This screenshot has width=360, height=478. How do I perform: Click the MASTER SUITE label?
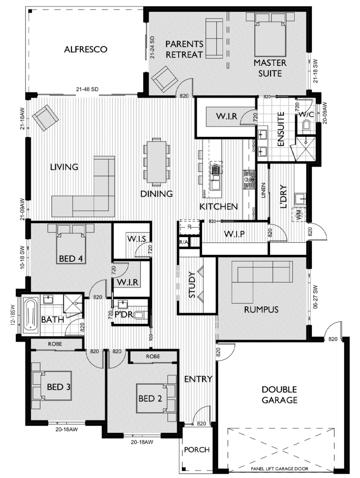[270, 68]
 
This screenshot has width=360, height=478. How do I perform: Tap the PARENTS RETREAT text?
[185, 49]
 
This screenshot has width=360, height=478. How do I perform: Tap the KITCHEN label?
[219, 206]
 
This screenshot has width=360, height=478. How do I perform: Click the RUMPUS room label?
[261, 309]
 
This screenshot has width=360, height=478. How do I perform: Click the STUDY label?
[191, 285]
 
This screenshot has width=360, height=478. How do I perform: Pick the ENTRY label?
[198, 379]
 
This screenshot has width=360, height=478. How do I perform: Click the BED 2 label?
[150, 399]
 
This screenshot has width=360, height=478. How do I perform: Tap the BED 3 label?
[58, 387]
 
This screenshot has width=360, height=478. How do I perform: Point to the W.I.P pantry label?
[235, 233]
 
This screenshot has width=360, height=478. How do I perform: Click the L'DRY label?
[283, 196]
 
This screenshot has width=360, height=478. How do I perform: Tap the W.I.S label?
[137, 239]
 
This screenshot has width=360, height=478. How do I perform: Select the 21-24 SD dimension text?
[152, 47]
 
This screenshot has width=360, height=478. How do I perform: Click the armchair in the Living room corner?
[45, 117]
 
